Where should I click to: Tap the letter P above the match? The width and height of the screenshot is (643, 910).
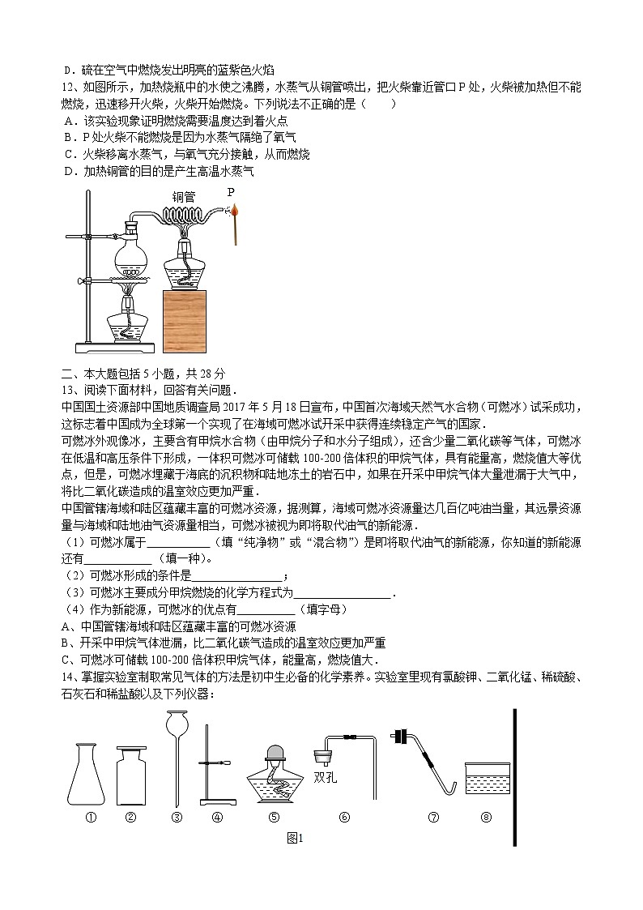(x=231, y=192)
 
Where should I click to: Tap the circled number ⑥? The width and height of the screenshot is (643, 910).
(x=344, y=818)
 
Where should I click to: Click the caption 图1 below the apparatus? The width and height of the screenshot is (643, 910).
(x=294, y=839)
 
